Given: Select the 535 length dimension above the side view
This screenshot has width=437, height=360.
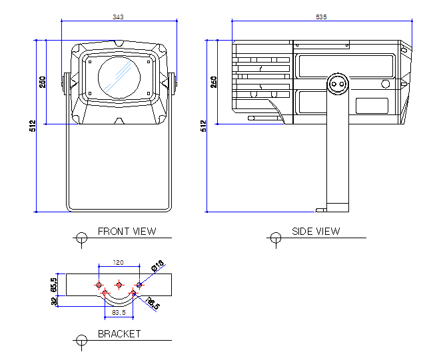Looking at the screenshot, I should [321, 16].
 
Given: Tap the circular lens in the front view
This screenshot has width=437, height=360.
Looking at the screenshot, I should [119, 77].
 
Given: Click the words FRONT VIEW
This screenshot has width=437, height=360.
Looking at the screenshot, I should [127, 232].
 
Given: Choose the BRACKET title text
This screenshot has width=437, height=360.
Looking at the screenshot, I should [119, 334].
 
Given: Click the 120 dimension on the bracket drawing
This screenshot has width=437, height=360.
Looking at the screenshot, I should [119, 262].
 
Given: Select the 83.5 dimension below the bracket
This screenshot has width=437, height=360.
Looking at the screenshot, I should [119, 311].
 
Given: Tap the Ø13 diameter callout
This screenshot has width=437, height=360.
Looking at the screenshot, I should [157, 266].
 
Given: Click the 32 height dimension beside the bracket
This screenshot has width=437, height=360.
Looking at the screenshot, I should [54, 300].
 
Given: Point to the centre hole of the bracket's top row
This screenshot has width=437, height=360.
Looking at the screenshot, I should [119, 285].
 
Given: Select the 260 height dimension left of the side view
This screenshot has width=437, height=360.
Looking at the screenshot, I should [214, 82].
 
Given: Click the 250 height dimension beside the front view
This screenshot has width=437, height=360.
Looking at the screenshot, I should [43, 82].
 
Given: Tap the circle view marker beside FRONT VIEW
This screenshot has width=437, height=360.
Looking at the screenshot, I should [82, 237].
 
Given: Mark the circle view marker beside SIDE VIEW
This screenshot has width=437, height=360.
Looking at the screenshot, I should [275, 237].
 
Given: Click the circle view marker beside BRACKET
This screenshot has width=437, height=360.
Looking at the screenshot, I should [82, 339].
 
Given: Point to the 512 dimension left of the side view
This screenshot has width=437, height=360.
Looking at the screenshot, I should [204, 126].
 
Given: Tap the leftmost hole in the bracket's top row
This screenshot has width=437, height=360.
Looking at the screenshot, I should [99, 285].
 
